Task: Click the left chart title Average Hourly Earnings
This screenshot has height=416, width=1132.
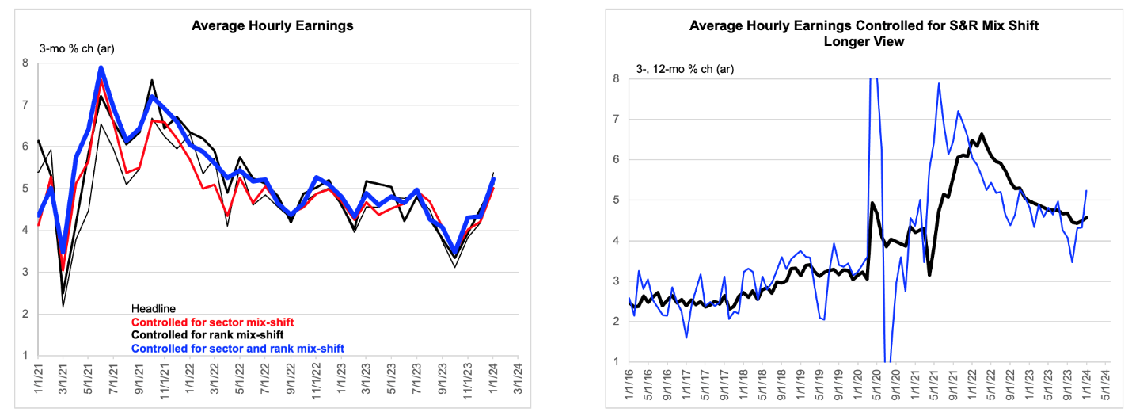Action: pyautogui.click(x=272, y=26)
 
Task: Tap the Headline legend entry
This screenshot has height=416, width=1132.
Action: pyautogui.click(x=154, y=309)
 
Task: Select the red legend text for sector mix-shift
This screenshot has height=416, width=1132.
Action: pyautogui.click(x=212, y=322)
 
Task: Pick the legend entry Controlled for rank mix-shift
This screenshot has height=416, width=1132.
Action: pyautogui.click(x=207, y=335)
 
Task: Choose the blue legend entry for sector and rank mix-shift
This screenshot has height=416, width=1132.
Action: pyautogui.click(x=237, y=349)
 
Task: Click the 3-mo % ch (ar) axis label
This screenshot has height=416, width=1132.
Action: pyautogui.click(x=77, y=48)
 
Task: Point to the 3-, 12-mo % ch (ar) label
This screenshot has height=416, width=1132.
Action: pyautogui.click(x=685, y=69)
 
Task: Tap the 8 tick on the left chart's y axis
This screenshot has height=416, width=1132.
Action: pyautogui.click(x=25, y=63)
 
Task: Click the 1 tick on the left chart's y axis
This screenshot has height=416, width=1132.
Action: pyautogui.click(x=25, y=355)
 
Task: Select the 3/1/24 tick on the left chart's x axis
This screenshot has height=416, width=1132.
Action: pyautogui.click(x=518, y=379)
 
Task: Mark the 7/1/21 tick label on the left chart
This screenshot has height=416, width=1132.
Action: pyautogui.click(x=113, y=379)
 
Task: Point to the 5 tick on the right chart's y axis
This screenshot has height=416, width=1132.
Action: pyautogui.click(x=616, y=200)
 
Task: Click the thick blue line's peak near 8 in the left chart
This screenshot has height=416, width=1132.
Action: pyautogui.click(x=101, y=68)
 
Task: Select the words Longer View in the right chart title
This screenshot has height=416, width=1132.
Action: pyautogui.click(x=864, y=41)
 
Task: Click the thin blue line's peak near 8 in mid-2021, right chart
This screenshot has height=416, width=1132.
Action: pyautogui.click(x=938, y=83)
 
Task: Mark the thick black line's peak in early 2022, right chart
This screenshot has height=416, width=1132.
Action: pyautogui.click(x=982, y=134)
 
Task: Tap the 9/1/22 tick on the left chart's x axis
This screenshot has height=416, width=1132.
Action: pyautogui.click(x=291, y=379)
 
